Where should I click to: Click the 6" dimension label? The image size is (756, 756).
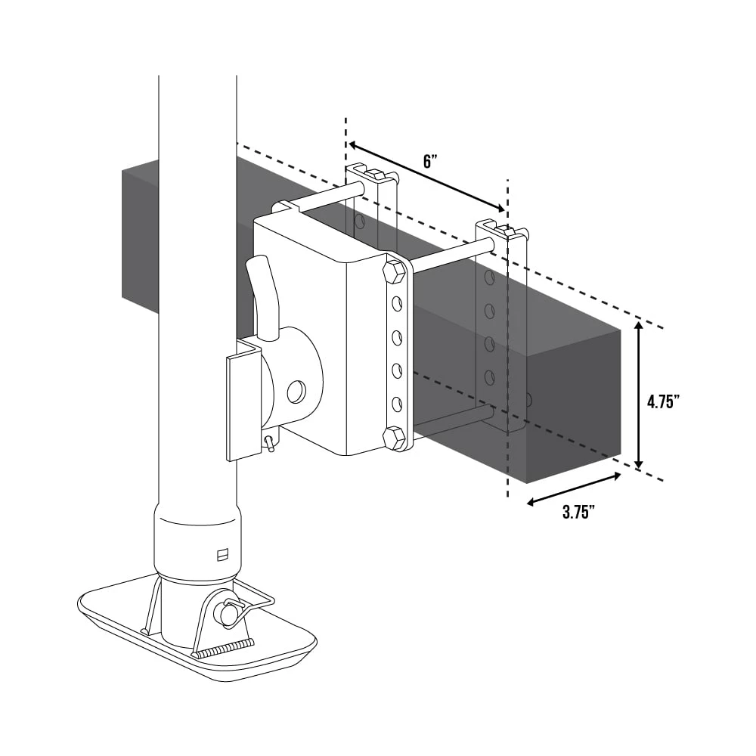tap(430, 160)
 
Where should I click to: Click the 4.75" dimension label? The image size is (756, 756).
tap(663, 402)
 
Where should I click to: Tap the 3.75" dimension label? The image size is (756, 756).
tap(578, 512)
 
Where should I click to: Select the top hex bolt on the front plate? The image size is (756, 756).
tap(395, 271)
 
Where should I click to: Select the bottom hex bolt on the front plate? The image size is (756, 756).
tap(394, 437)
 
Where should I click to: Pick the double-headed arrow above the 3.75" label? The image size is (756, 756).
tap(574, 489)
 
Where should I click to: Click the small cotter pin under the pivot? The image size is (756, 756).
tap(268, 444)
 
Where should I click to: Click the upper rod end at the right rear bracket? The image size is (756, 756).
tap(490, 244)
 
